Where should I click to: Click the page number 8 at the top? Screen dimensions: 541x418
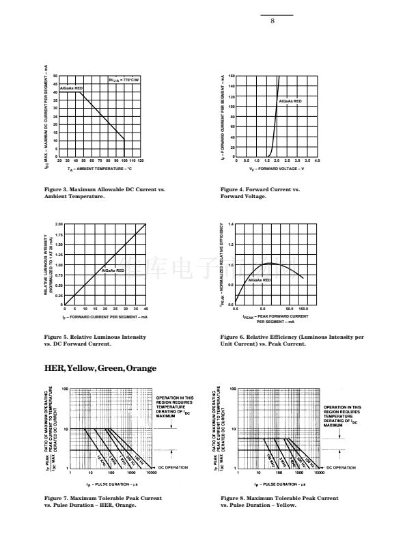coord(272,20)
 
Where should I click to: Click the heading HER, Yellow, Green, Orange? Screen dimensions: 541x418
coord(100,368)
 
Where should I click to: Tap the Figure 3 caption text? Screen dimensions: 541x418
coord(104,192)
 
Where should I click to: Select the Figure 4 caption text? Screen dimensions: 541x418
coord(260,192)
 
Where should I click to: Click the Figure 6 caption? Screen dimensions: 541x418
coord(292,339)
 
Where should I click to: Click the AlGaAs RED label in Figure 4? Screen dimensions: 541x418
coord(290,101)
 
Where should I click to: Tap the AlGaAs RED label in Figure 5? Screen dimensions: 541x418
coord(113,270)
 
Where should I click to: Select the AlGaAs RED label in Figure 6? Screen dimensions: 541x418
coord(260,280)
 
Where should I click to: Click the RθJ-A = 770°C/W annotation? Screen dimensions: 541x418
coord(124,81)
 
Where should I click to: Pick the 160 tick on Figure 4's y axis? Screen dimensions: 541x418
coord(232,76)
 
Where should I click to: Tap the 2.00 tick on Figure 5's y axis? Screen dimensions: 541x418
coord(59,223)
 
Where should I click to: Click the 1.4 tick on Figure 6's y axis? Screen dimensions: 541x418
coord(231,224)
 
